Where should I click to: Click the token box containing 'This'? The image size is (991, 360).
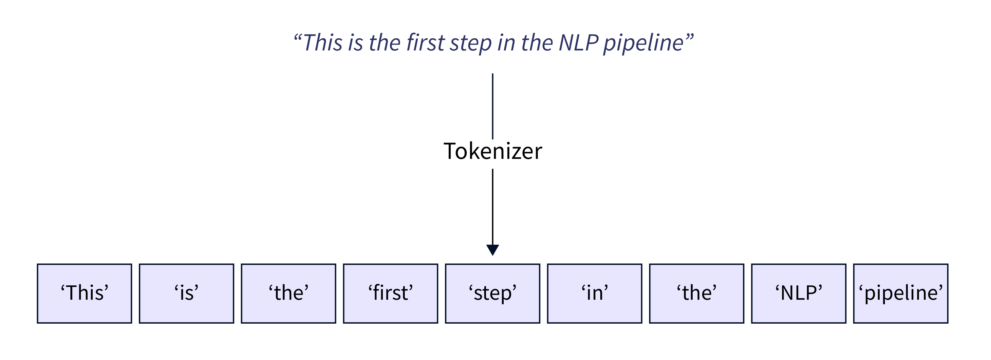[84, 294]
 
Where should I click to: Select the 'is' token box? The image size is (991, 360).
[187, 294]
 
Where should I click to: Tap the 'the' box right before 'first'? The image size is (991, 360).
[289, 294]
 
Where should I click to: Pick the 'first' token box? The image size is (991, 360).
[390, 294]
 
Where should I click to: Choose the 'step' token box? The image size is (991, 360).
[493, 294]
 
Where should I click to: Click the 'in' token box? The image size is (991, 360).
[594, 294]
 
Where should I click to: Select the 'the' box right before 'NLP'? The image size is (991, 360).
[696, 294]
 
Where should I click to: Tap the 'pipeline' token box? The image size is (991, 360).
[901, 294]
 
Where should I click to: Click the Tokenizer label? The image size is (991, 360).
[493, 151]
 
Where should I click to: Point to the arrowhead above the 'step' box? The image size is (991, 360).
[493, 250]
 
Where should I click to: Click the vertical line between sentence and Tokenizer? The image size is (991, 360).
[493, 106]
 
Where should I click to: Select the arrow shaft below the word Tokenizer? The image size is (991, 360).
[493, 206]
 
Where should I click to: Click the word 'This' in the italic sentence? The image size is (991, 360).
[322, 42]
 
